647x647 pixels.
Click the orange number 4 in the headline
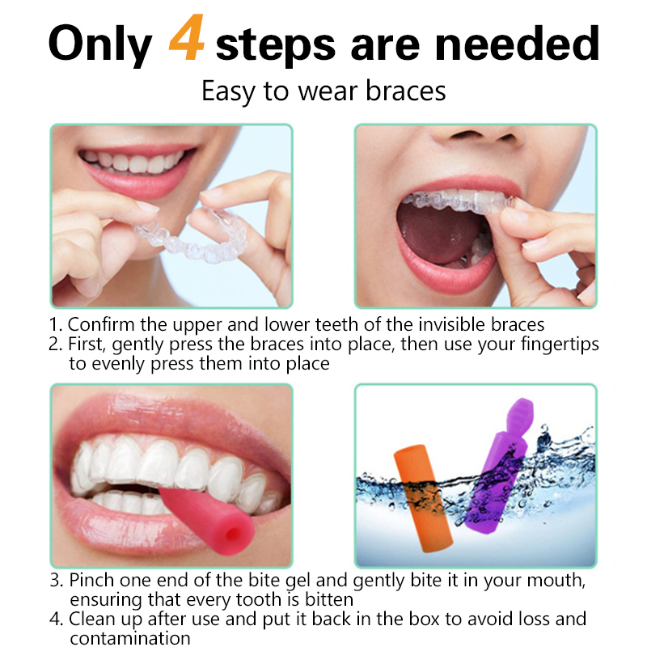187,37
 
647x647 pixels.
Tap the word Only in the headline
100,44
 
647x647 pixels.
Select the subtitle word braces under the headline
406,91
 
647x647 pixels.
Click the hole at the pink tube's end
234,535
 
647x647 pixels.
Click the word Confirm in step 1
101,325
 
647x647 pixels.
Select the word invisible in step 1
452,325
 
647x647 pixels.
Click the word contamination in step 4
130,638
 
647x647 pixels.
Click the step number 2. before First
55,345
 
